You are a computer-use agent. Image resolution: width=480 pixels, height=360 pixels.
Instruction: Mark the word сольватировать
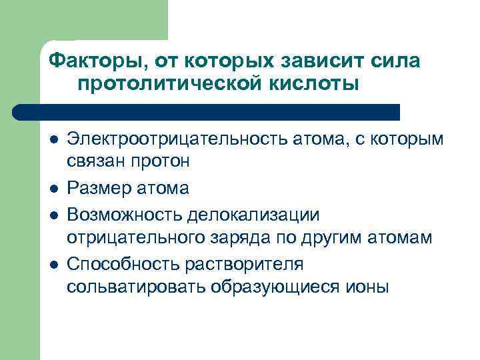[x=136, y=287]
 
